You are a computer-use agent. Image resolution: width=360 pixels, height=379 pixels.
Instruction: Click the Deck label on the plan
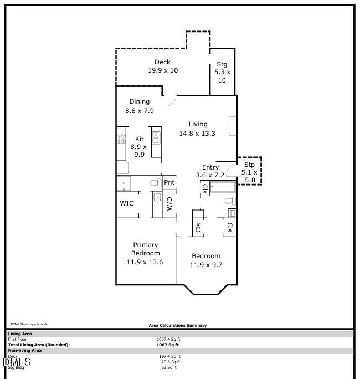click(x=162, y=62)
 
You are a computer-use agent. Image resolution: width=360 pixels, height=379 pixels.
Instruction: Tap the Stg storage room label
click(x=222, y=64)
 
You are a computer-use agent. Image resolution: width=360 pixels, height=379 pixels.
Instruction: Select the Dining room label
click(x=140, y=101)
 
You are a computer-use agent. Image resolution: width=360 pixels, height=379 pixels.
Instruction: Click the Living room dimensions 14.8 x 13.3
click(x=197, y=134)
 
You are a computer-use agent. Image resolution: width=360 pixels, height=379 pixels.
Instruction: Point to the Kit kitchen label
click(x=140, y=139)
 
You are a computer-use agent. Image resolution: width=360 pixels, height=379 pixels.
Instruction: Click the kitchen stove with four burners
click(x=121, y=137)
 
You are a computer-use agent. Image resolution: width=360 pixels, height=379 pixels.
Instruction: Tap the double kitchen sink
click(x=156, y=136)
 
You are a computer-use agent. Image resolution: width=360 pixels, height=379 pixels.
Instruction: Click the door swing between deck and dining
click(x=169, y=100)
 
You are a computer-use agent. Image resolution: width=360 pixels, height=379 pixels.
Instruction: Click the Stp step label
click(x=250, y=164)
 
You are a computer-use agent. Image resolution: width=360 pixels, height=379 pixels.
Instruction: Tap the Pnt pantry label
click(x=169, y=182)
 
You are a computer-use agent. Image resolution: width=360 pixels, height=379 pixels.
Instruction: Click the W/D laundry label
click(x=169, y=204)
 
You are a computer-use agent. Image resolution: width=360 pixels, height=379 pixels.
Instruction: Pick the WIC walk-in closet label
click(x=127, y=203)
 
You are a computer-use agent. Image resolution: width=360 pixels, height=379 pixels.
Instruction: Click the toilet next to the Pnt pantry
click(x=154, y=183)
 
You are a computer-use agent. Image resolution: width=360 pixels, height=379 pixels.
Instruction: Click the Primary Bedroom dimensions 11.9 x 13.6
click(x=145, y=262)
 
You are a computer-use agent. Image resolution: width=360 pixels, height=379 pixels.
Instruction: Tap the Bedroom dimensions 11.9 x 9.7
click(x=205, y=265)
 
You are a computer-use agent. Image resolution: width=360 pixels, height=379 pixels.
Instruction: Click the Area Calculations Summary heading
click(x=178, y=326)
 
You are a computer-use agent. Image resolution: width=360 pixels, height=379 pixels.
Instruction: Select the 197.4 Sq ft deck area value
click(x=168, y=357)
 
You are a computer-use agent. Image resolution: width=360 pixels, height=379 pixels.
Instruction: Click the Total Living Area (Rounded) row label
click(x=39, y=345)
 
